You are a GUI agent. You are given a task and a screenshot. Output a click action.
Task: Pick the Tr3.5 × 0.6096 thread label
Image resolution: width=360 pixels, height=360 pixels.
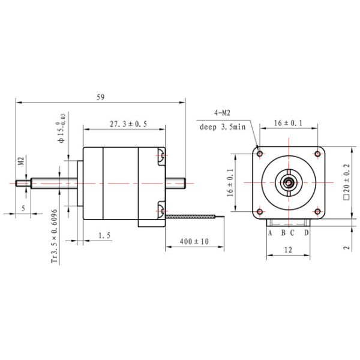[x=55, y=236]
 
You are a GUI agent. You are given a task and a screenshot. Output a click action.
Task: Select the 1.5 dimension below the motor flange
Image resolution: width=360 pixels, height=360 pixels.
[x=104, y=237]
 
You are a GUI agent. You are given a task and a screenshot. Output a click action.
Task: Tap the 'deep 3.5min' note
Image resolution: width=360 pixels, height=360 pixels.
[x=222, y=127]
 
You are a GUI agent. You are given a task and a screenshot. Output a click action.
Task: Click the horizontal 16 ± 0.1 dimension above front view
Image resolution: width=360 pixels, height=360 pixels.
[x=288, y=122]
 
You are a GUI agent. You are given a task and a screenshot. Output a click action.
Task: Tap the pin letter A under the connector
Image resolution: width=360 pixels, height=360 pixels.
[x=270, y=232]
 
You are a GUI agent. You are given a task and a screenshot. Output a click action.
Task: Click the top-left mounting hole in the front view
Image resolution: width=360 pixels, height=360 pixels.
[x=260, y=154]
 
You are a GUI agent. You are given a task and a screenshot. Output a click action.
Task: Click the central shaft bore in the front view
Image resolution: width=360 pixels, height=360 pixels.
[x=289, y=182]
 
